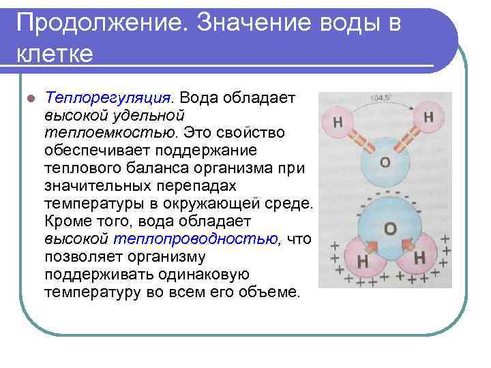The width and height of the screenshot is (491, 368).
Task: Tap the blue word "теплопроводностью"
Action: click(196, 239)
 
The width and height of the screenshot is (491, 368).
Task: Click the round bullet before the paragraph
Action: click(28, 97)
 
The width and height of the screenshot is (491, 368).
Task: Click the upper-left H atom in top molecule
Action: click(339, 123)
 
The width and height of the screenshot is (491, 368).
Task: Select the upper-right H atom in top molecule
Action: click(428, 117)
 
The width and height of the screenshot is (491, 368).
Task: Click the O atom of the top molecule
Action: click(385, 162)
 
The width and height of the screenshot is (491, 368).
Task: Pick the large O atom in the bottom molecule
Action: click(389, 228)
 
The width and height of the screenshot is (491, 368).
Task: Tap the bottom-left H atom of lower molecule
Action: click(362, 260)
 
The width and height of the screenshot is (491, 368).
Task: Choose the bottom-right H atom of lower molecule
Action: click(419, 258)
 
